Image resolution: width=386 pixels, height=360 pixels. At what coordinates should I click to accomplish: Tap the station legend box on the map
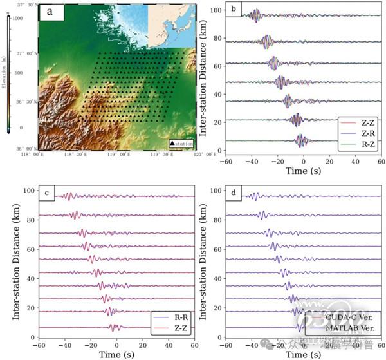pyautogui.click(x=181, y=143)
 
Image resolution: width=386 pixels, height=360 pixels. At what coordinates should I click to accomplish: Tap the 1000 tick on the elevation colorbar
pyautogui.click(x=18, y=18)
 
